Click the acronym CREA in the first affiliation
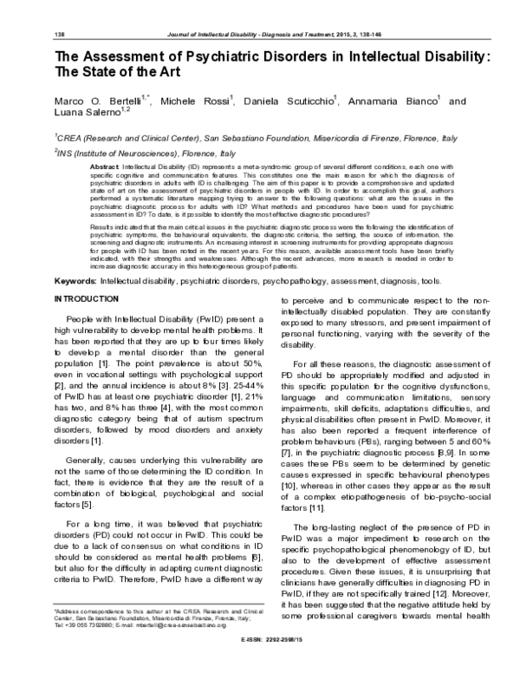point(72,137)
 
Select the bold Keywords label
point(75,258)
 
